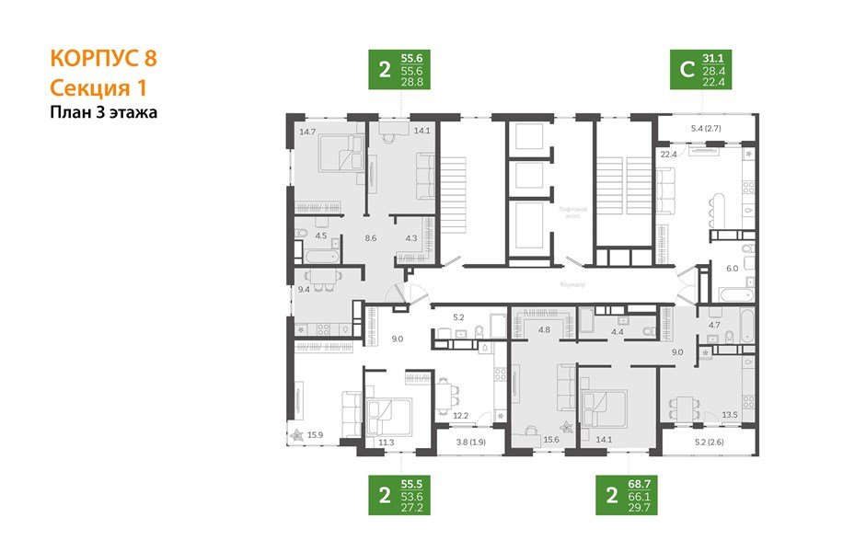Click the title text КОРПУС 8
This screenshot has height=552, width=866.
click(102, 59)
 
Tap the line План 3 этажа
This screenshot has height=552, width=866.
click(103, 113)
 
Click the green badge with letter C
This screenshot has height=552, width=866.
click(686, 69)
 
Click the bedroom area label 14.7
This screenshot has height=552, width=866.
click(306, 132)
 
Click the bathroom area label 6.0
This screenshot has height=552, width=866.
click(733, 268)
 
